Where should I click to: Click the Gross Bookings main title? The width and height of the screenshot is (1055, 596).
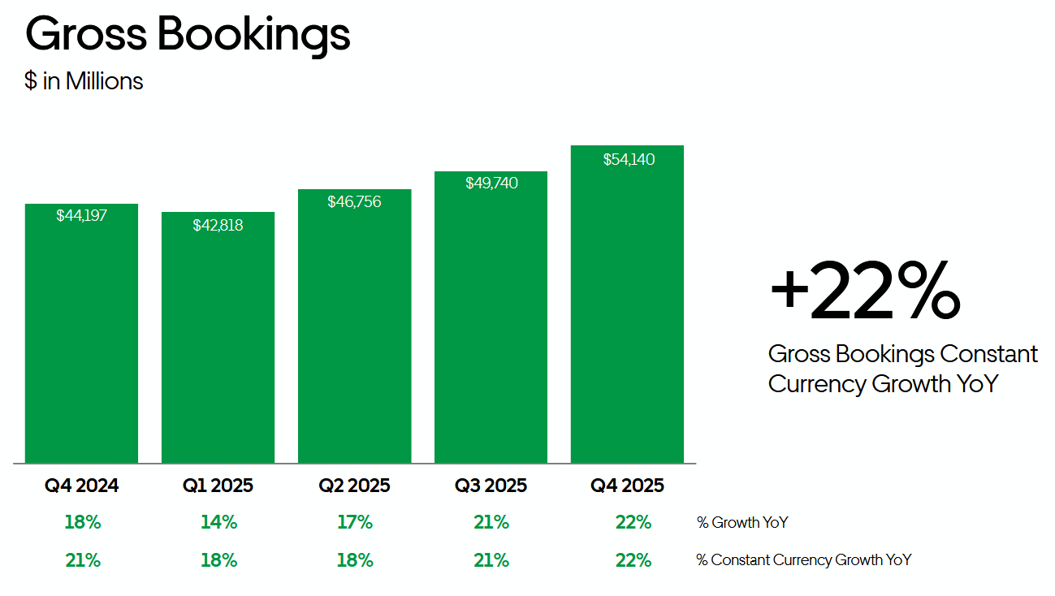[x=188, y=35]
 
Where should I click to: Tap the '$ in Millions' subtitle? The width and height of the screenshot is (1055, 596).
[x=84, y=81]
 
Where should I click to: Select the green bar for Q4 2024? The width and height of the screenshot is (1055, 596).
[x=81, y=341]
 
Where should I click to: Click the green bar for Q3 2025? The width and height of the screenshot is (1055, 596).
[x=491, y=325]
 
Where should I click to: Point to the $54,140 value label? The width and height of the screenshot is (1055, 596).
[x=629, y=160]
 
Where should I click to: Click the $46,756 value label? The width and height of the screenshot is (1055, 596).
[x=354, y=201]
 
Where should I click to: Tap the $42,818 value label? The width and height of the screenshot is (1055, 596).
[x=218, y=225]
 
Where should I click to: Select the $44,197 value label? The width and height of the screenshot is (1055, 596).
[x=81, y=216]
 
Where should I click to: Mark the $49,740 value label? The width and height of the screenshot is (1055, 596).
[x=491, y=184]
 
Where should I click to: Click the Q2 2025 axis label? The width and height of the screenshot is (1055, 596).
[x=354, y=486]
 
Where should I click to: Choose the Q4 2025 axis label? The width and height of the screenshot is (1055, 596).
[x=627, y=486]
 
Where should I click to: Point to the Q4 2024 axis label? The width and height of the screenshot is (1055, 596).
[x=81, y=486]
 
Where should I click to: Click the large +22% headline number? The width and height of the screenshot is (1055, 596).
[x=864, y=290]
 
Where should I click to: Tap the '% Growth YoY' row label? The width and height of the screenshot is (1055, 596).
[x=742, y=523]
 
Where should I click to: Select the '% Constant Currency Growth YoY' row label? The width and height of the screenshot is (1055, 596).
[x=804, y=560]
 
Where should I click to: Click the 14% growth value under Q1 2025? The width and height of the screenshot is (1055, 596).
[x=218, y=523]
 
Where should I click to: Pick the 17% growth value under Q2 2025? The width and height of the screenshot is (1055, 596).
[x=355, y=523]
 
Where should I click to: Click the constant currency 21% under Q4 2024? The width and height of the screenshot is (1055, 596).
[x=82, y=560]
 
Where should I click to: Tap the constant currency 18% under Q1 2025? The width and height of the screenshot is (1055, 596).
[x=218, y=560]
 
